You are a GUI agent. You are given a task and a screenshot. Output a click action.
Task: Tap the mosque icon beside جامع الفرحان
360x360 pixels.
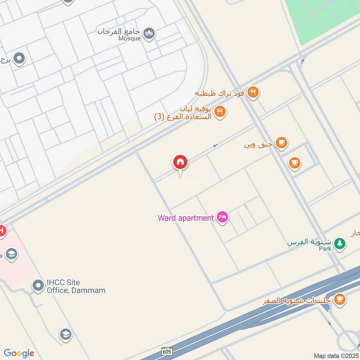[x=149, y=33]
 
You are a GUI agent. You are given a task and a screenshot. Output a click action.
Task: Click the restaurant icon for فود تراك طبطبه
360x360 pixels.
[x=253, y=93]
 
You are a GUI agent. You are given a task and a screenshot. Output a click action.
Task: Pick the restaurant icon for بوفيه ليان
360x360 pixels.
[x=220, y=111]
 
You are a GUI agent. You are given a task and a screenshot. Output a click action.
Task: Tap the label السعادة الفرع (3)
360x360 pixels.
[x=184, y=117]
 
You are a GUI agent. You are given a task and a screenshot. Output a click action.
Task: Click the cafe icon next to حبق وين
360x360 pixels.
[x=282, y=144]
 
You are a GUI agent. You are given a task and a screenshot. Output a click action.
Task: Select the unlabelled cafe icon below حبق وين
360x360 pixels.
[x=295, y=162]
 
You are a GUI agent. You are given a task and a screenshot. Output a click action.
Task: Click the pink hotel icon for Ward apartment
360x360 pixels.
[x=222, y=218]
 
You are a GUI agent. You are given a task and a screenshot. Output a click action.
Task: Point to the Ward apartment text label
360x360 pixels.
[x=185, y=218]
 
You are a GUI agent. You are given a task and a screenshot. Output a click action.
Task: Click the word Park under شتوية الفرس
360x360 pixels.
[x=325, y=248]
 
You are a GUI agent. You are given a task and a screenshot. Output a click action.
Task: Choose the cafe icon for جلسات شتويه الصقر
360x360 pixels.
[x=339, y=299]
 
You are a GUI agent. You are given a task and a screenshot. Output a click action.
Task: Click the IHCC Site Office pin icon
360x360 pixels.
[x=38, y=285]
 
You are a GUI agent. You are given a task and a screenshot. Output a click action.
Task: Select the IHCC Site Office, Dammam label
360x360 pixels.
[x=76, y=287]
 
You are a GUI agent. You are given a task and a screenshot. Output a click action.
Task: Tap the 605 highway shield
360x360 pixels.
[x=166, y=351]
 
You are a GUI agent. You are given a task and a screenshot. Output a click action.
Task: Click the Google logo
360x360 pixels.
[x=19, y=353]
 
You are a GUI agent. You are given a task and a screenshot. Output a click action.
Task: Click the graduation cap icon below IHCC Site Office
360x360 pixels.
[x=66, y=334]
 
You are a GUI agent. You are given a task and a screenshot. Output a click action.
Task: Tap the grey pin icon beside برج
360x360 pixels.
[x=19, y=58]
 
